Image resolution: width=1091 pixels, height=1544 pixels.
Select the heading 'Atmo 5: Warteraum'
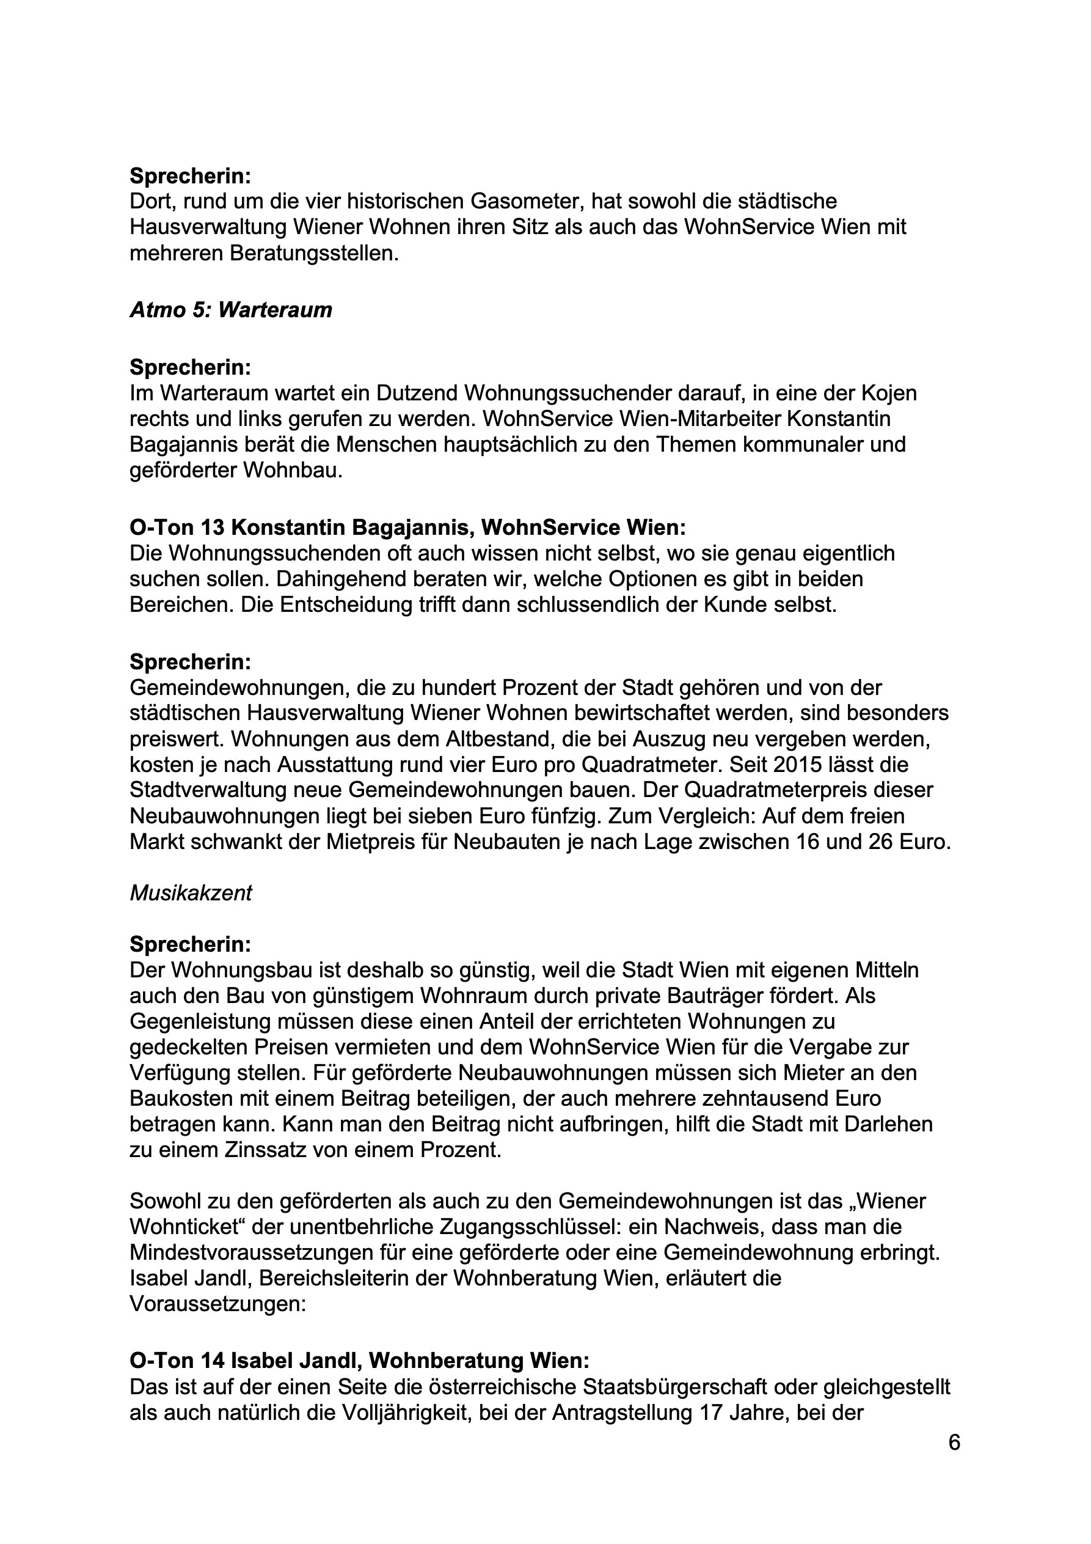[x=230, y=310]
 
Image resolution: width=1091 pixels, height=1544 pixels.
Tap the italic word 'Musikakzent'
[x=191, y=893]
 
